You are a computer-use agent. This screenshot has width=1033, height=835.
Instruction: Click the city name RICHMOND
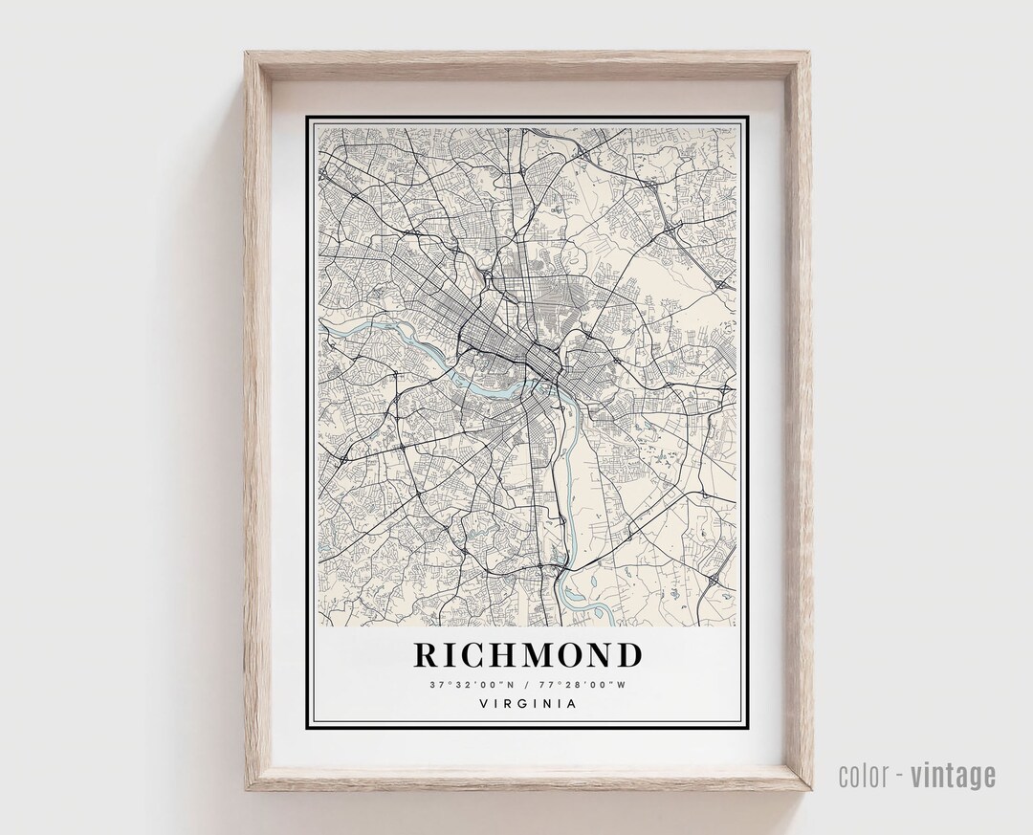527,655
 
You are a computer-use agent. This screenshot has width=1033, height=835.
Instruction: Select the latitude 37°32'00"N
471,684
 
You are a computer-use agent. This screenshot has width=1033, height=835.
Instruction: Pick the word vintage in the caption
953,776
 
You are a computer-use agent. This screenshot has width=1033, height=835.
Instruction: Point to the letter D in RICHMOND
627,655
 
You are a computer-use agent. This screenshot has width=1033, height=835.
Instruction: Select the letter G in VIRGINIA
524,704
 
